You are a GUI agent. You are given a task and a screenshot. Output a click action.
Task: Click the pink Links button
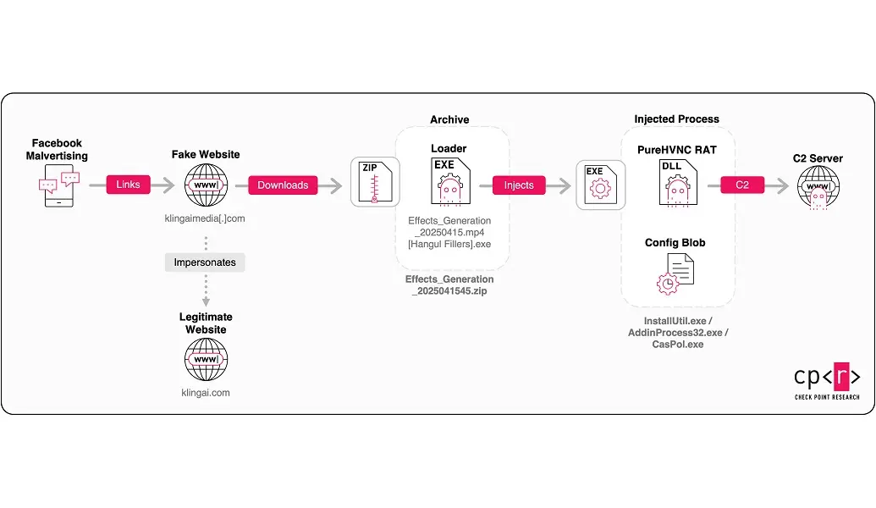click(128, 185)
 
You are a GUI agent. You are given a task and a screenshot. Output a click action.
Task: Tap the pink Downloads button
click(283, 185)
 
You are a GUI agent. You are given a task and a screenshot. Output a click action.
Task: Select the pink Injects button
click(519, 185)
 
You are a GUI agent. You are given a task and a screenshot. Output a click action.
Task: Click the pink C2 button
click(742, 185)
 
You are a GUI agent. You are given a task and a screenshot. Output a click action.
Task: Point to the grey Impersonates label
click(205, 262)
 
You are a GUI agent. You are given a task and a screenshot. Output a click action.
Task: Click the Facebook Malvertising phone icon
click(57, 186)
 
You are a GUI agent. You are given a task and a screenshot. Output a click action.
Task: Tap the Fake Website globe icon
click(206, 185)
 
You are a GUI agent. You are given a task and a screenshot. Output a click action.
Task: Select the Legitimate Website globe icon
click(206, 359)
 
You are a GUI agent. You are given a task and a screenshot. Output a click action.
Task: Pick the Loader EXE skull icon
click(449, 181)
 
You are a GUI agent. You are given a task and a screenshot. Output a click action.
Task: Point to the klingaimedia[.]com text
click(206, 218)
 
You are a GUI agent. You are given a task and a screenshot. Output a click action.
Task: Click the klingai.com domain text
click(206, 393)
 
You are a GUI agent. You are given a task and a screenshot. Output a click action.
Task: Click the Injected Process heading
click(677, 119)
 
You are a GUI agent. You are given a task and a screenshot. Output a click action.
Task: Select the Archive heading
click(449, 119)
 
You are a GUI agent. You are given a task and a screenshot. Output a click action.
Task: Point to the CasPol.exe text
click(677, 345)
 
